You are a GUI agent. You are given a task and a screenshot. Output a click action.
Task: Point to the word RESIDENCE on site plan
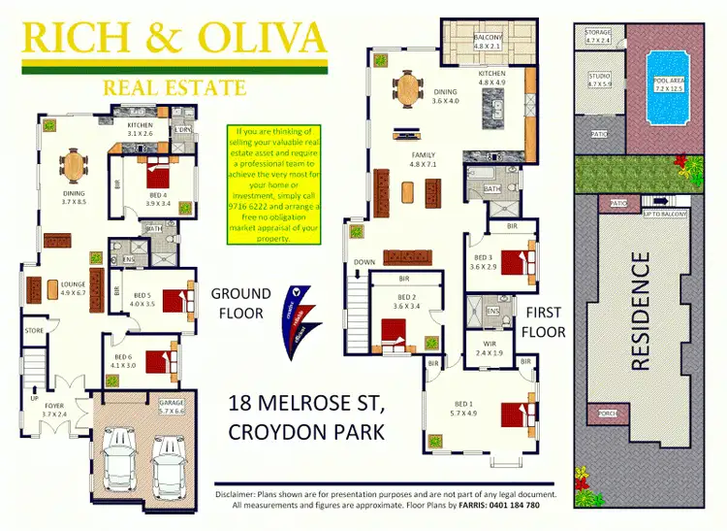(640, 311)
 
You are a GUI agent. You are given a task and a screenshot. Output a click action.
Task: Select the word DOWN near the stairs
(364, 262)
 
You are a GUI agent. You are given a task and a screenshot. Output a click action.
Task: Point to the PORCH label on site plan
(609, 412)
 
